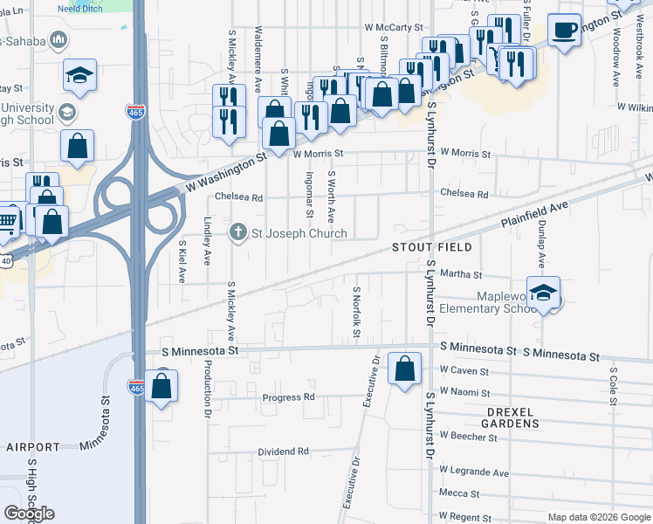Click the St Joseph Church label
pyautogui.click(x=299, y=233)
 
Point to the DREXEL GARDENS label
pyautogui.click(x=500, y=417)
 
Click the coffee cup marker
pyautogui.click(x=564, y=31)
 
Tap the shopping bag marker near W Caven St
pyautogui.click(x=404, y=369)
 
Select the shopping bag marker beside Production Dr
pyautogui.click(x=162, y=387)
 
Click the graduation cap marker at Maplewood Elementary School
pyautogui.click(x=543, y=294)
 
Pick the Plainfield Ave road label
pyautogui.click(x=534, y=214)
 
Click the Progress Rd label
pyautogui.click(x=288, y=397)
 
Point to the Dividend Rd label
pyautogui.click(x=284, y=452)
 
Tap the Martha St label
pyautogui.click(x=456, y=274)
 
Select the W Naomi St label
pyautogui.click(x=464, y=394)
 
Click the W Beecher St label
pyautogui.click(x=469, y=435)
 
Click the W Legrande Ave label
pyautogui.click(x=474, y=472)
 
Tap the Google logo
pyautogui.click(x=29, y=514)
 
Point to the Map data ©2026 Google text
pyautogui.click(x=599, y=517)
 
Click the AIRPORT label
pyautogui.click(x=33, y=446)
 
